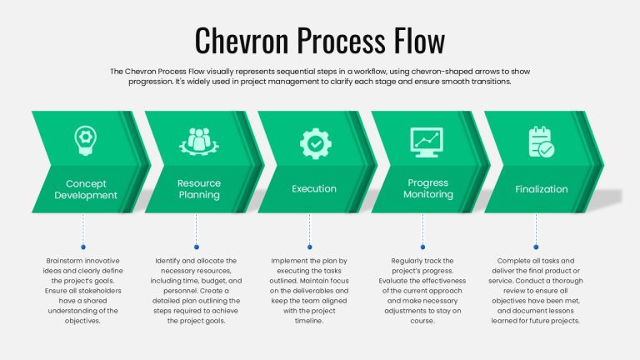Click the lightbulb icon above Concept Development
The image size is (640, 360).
pyautogui.click(x=85, y=140)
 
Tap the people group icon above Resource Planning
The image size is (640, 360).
pyautogui.click(x=199, y=142)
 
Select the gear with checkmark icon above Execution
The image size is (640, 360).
pyautogui.click(x=315, y=143)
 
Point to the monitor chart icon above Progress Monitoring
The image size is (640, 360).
pyautogui.click(x=427, y=142)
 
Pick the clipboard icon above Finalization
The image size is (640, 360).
pyautogui.click(x=541, y=142)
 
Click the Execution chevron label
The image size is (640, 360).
pyautogui.click(x=314, y=188)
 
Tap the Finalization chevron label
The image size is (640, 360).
pyautogui.click(x=541, y=189)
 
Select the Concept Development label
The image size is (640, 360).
pyautogui.click(x=86, y=189)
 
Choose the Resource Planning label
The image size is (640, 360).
pyautogui.click(x=199, y=189)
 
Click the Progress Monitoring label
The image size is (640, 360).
pyautogui.click(x=428, y=188)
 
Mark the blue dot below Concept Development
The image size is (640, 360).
pyautogui.click(x=83, y=247)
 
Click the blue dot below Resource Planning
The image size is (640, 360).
pyautogui.click(x=197, y=247)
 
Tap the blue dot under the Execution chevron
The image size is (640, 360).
pyautogui.click(x=309, y=247)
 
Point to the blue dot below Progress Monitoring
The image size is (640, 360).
pyautogui.click(x=422, y=247)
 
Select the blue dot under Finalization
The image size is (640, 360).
pyautogui.click(x=536, y=247)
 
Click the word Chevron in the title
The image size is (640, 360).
pyautogui.click(x=242, y=40)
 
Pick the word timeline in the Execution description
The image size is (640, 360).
pyautogui.click(x=309, y=321)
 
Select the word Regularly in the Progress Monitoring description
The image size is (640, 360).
pyautogui.click(x=405, y=261)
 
